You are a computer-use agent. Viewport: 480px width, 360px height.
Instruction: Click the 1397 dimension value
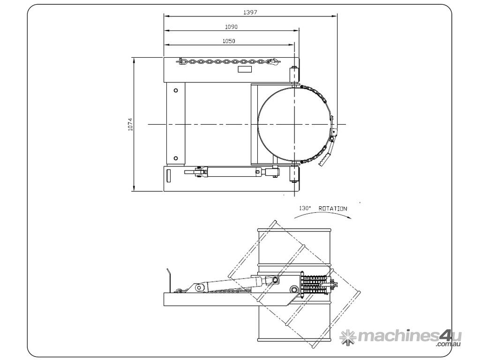pyautogui.click(x=250, y=12)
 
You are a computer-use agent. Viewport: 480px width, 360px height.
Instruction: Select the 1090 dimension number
pyautogui.click(x=231, y=27)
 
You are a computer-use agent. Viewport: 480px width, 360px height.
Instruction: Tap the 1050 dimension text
pyautogui.click(x=229, y=41)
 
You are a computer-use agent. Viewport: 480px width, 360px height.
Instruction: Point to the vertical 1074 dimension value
pyautogui.click(x=131, y=124)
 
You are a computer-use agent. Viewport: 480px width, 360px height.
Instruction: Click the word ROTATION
pyautogui.click(x=333, y=209)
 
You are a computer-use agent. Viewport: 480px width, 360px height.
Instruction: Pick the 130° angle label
pyautogui.click(x=305, y=208)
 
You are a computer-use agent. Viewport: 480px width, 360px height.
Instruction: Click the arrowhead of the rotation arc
pyautogui.click(x=349, y=217)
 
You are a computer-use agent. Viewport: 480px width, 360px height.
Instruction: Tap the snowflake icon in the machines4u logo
pyautogui.click(x=348, y=337)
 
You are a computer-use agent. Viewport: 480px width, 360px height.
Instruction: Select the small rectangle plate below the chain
pyautogui.click(x=245, y=69)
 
